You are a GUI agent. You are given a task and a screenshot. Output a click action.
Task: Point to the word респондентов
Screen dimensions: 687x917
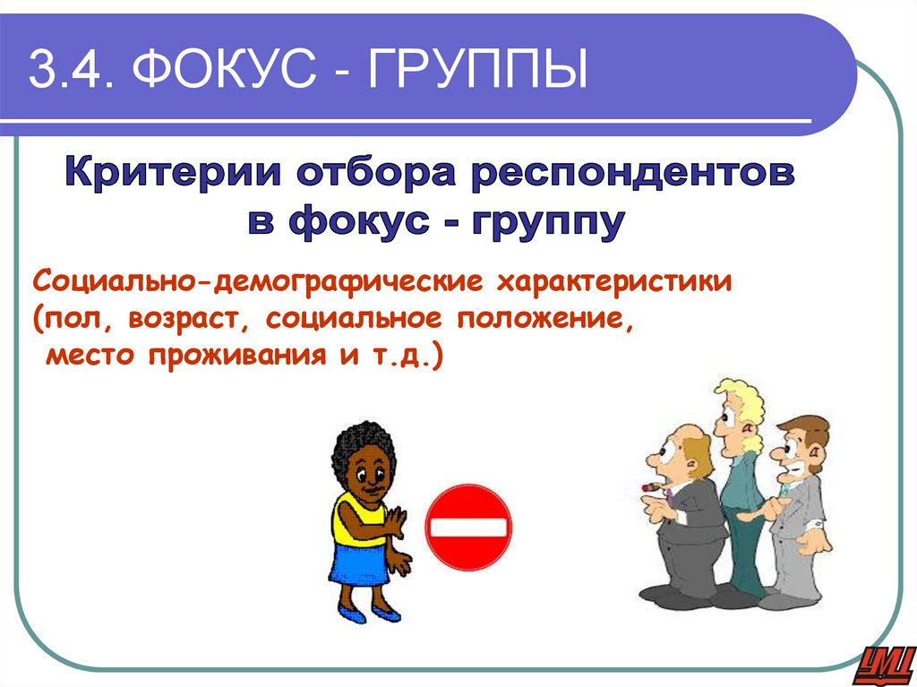628,171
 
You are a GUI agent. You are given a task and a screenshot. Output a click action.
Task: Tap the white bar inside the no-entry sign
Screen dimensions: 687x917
467,526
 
